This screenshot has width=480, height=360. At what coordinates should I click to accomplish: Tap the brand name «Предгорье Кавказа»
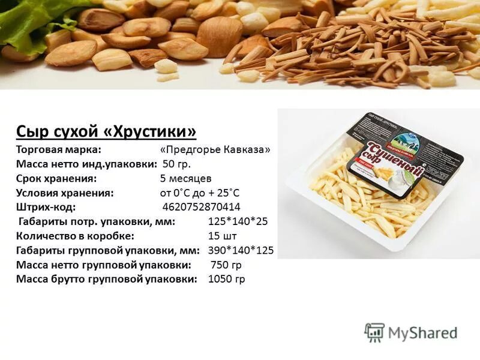[215, 149]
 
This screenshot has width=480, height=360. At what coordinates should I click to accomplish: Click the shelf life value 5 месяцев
[185, 178]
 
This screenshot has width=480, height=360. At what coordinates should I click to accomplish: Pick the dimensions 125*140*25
[238, 221]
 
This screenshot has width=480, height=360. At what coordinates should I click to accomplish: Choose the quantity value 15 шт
[223, 236]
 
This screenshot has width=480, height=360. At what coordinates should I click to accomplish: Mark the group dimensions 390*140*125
[241, 250]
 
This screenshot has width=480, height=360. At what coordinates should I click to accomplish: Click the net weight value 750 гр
[226, 265]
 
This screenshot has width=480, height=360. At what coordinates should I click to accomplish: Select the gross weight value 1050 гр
[226, 279]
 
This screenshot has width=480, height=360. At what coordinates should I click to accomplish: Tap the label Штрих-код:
[46, 207]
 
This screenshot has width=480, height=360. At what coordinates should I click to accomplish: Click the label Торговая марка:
[59, 149]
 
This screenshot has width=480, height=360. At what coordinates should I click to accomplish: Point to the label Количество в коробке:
[75, 236]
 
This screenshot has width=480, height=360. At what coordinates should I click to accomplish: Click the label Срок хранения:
[57, 178]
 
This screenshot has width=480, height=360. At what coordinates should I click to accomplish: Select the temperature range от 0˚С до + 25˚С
[200, 193]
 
